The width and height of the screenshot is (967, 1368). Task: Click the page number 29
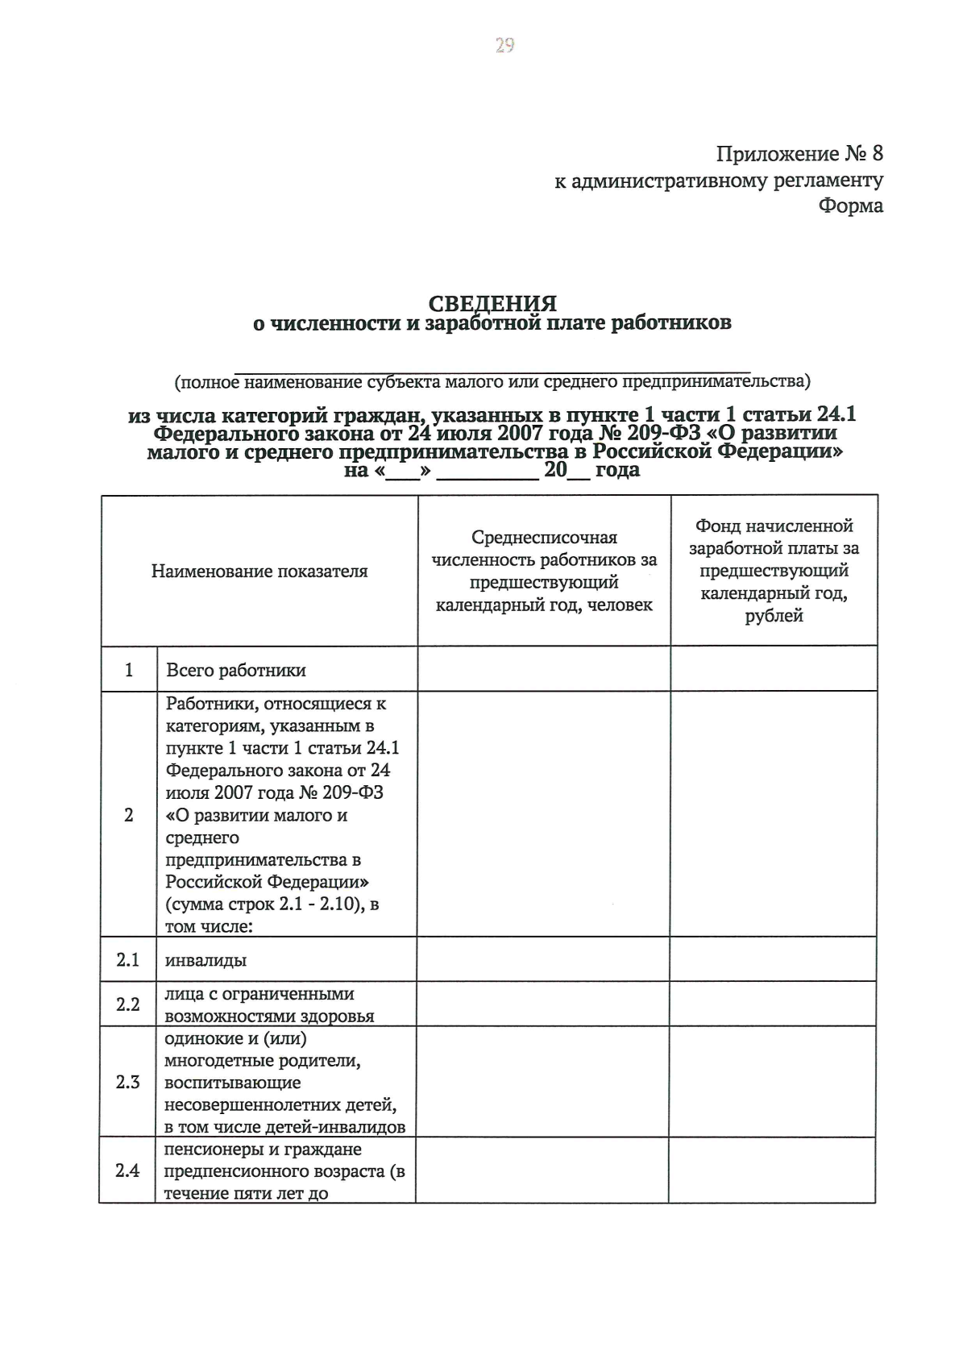coord(504,45)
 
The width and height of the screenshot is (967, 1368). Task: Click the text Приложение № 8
coord(799,153)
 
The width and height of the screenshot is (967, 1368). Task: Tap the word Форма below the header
coord(851,206)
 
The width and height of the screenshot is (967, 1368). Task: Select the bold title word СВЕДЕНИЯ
coord(492,304)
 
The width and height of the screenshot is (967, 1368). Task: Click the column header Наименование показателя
coord(259,572)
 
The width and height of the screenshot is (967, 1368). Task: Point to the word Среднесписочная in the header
coord(544,537)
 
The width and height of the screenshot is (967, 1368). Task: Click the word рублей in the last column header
coord(774,616)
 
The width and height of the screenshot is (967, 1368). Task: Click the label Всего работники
coord(236,670)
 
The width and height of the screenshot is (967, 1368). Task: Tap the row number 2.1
coord(128,959)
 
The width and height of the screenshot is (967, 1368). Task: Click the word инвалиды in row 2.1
coord(205,960)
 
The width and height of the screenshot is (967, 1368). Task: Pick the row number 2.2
coord(128,1004)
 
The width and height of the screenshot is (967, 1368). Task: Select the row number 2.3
coord(128,1082)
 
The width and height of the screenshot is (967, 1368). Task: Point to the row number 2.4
coord(128,1170)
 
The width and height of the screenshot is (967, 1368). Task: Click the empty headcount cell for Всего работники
coord(544,669)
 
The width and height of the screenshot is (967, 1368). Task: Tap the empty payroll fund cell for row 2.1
coord(774,959)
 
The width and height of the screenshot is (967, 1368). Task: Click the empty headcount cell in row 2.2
coord(542,1004)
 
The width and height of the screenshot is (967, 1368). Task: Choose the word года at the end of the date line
coord(617,470)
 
